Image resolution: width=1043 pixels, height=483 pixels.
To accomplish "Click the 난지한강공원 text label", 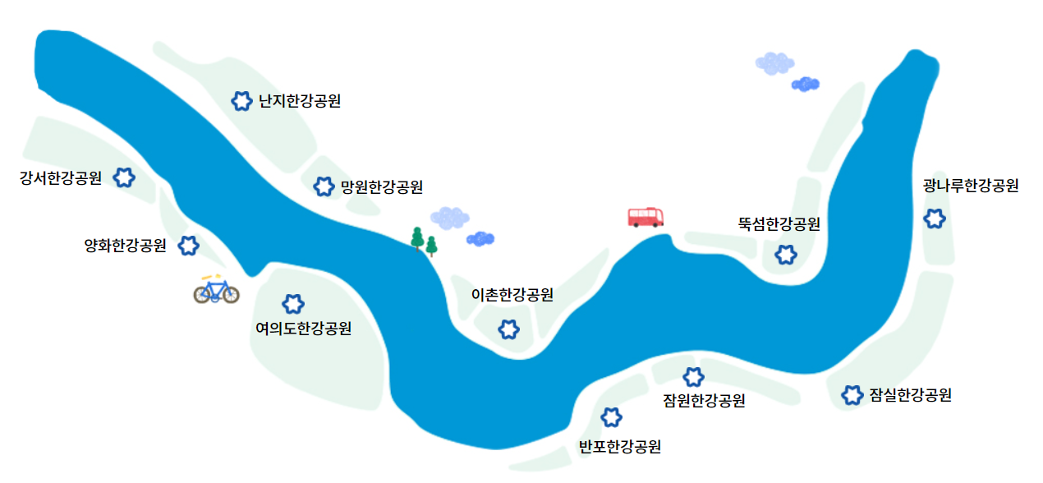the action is pos(299,102).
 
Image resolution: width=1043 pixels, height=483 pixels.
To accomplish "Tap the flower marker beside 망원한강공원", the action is pos(324,186).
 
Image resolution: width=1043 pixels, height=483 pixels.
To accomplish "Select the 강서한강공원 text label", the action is pos(61,178).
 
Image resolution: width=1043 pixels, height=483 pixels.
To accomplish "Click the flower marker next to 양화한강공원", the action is pos(189,245).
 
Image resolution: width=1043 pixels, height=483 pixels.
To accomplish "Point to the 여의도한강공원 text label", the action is pos(304,329).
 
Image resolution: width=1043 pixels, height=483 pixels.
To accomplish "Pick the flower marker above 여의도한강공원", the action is pos(292,305).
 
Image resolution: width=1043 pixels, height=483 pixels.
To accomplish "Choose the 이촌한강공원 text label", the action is pos(512,295).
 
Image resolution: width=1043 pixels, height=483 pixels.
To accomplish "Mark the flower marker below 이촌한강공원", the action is pos(509,329).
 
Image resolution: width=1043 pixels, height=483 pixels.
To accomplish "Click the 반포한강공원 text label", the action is pos(620,447).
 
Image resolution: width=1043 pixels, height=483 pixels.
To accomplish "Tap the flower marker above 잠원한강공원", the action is pos(694,377).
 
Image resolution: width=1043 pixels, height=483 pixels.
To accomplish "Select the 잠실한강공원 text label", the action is pos(910,395).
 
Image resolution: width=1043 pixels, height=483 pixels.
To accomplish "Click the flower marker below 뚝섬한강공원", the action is pos(786,255).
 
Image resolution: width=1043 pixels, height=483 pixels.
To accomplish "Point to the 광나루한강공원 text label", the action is pos(971,186).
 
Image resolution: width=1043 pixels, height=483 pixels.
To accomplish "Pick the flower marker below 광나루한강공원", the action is pos(935,218).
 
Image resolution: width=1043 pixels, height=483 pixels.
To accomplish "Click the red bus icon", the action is pos(646,217).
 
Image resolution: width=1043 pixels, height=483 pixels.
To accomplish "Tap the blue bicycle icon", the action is pos(216,290).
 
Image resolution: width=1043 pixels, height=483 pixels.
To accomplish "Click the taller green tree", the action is pos(417,237).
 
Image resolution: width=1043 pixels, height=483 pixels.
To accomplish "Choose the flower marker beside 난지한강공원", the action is pos(241,101).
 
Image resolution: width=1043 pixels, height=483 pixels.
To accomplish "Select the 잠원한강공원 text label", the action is pos(704,401).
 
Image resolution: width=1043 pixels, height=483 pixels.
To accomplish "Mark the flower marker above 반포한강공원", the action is pos(611,417).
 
